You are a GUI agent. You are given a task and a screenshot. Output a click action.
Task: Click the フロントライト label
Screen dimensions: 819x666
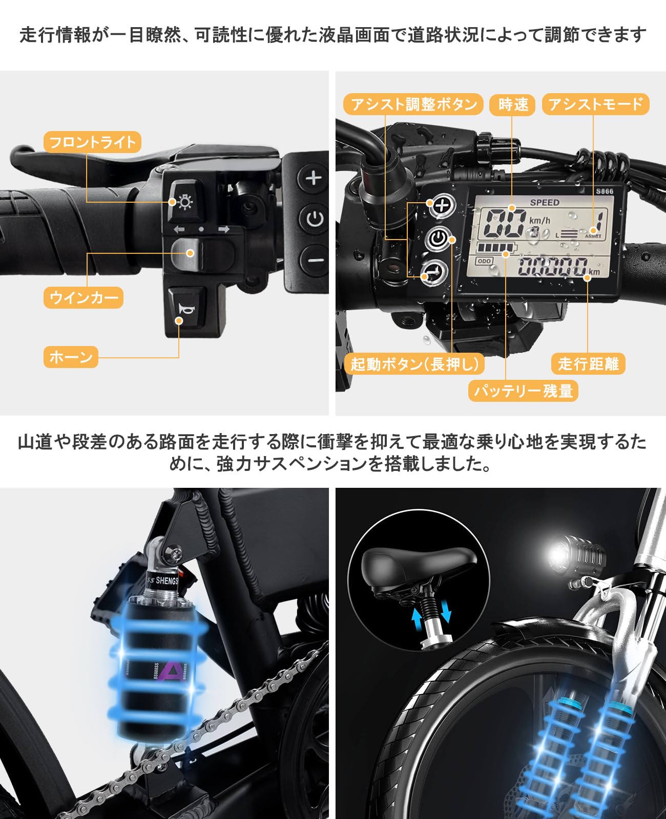coord(92,142)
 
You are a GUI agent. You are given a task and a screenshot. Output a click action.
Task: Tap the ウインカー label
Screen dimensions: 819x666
coord(83,297)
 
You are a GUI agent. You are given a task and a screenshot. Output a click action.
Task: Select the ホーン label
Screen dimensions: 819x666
coord(71,357)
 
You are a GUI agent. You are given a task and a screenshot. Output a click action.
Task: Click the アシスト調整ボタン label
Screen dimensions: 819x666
coord(413,104)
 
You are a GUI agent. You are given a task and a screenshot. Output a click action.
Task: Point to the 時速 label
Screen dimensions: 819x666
coord(512,104)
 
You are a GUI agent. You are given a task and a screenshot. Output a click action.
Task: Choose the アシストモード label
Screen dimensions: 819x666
coord(595,104)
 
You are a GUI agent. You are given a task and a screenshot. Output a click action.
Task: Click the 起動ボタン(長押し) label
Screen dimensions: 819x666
coord(414,363)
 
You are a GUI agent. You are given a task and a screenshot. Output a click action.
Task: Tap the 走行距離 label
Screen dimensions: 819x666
coord(588,363)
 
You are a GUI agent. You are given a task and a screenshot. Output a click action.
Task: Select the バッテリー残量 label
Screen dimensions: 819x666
coord(523,391)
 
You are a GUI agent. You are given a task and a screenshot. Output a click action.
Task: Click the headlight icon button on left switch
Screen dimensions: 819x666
coord(184,201)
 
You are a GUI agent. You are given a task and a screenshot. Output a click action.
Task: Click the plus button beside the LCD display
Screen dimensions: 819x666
coord(442,205)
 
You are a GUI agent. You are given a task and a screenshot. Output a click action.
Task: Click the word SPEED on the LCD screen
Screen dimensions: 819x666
coord(544,202)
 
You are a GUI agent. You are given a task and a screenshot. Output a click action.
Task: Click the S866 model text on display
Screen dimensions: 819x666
coord(605,191)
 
